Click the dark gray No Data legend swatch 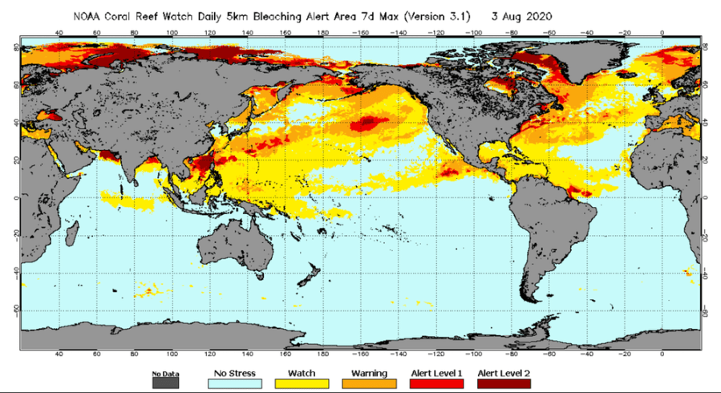pyautogui.click(x=164, y=384)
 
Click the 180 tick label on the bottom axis pyautogui.click(x=322, y=354)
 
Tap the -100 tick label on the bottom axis pyautogui.click(x=473, y=354)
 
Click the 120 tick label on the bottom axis pyautogui.click(x=209, y=354)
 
